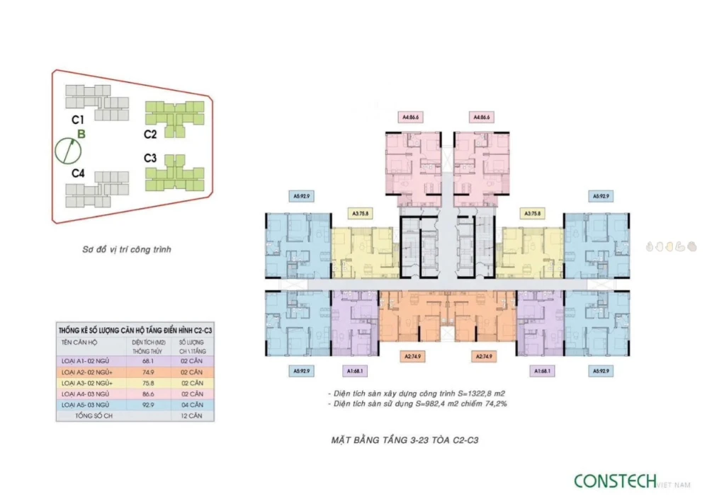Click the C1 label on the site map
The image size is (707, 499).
[78, 120]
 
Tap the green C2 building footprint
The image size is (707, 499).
[174, 117]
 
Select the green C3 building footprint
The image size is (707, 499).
[174, 173]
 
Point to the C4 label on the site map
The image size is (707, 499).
[78, 173]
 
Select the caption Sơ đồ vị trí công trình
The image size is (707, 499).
[125, 249]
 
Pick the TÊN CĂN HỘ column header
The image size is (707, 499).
[81, 341]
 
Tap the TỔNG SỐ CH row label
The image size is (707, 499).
[92, 415]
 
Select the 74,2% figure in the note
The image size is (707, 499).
[496, 403]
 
